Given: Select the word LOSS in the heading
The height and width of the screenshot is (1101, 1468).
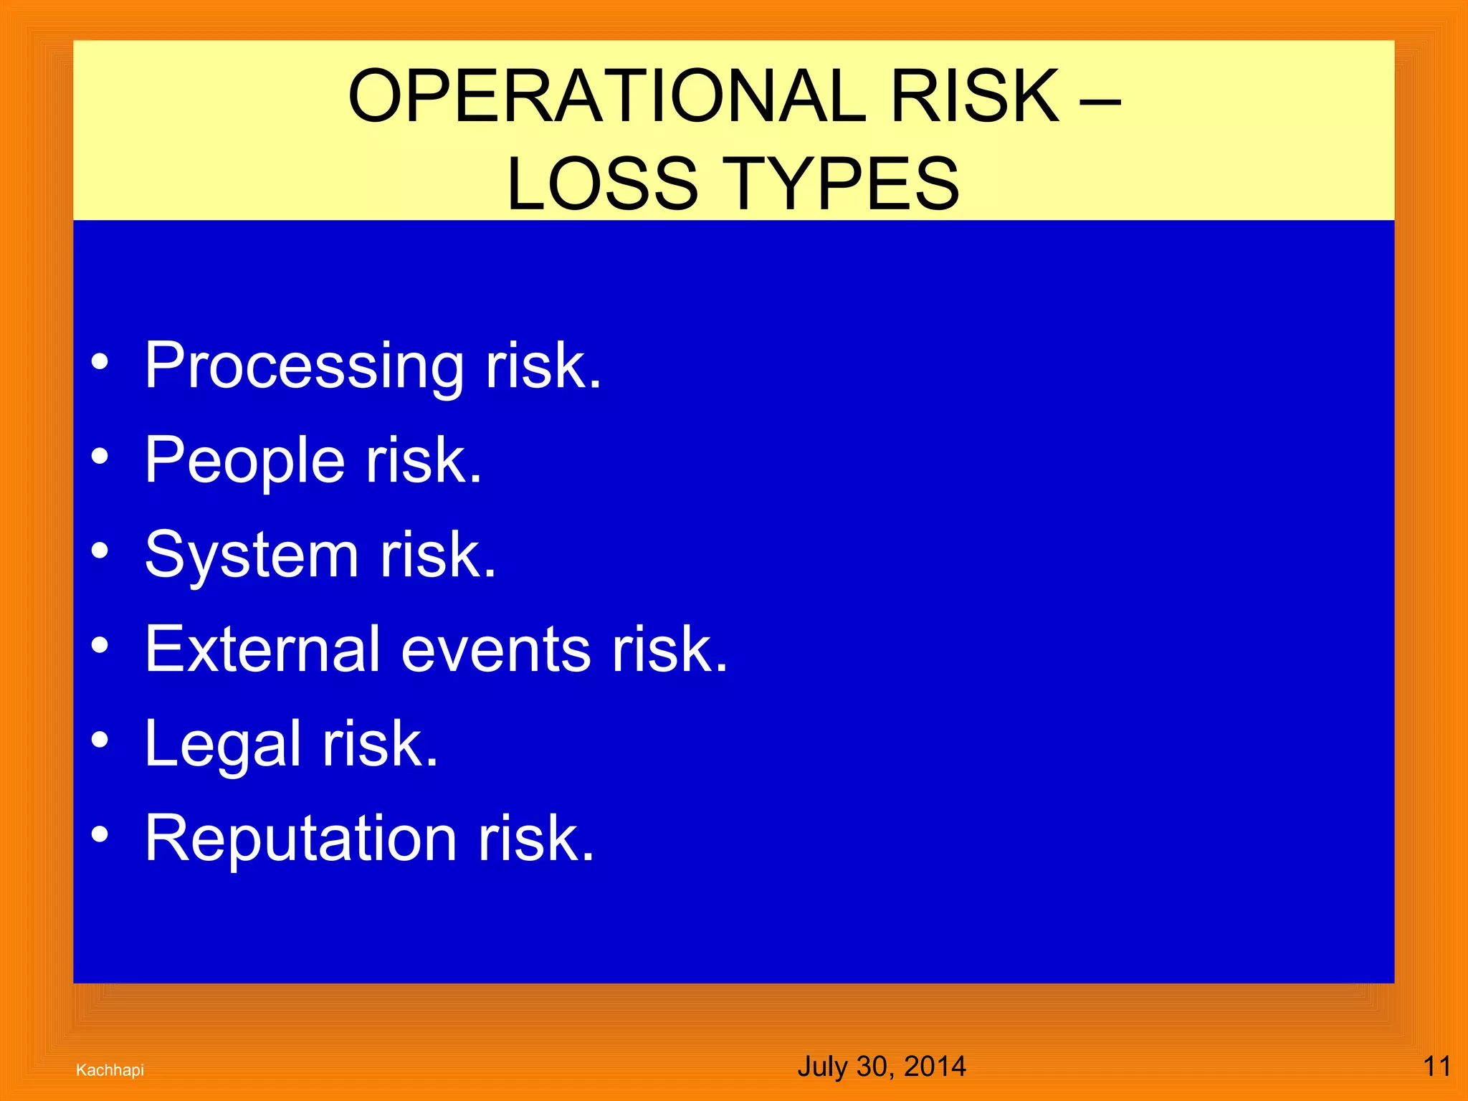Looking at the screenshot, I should (x=602, y=184).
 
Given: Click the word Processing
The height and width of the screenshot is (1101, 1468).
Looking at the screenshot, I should (x=304, y=367).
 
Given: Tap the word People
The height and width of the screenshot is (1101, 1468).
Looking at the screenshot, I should (x=244, y=461).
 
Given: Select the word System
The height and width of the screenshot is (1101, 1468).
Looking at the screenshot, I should (x=251, y=556).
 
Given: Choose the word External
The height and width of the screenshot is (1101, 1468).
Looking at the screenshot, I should (x=262, y=649).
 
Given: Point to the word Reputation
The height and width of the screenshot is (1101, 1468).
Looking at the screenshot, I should (x=300, y=839).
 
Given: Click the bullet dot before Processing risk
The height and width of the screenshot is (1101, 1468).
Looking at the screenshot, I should (x=100, y=361).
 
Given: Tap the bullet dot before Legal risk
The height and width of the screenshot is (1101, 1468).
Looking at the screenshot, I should (x=100, y=740).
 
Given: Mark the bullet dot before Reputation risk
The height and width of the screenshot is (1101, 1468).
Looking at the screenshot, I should (x=100, y=834).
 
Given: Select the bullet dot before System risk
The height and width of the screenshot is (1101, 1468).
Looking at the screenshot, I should (x=100, y=550).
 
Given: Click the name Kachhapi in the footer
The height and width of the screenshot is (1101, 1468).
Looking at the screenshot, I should (x=110, y=1070).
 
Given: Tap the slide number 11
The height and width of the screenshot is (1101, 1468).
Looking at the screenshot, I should (x=1436, y=1067).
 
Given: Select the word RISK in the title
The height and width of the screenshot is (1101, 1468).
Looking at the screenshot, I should (x=974, y=96).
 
